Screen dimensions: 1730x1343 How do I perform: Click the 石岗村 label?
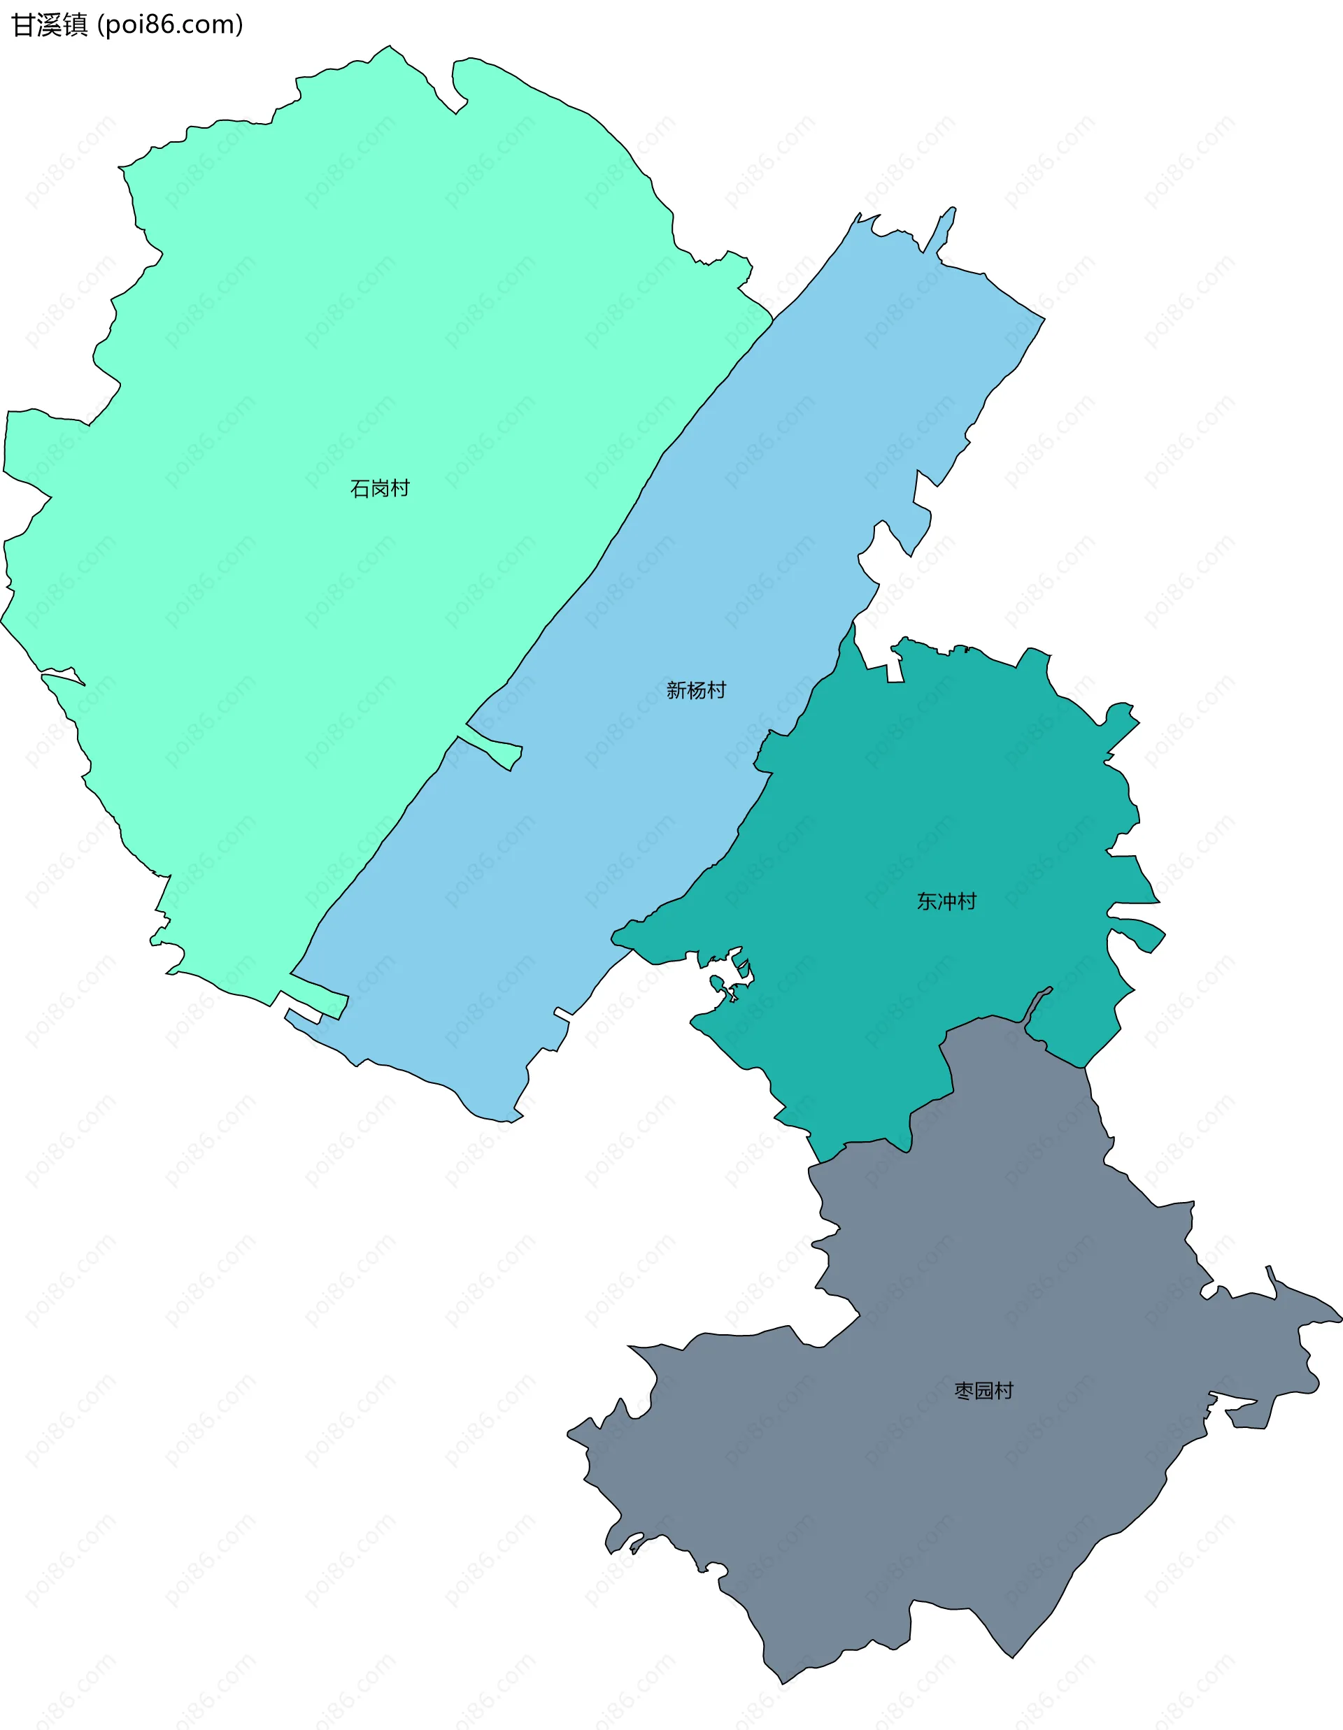coord(380,488)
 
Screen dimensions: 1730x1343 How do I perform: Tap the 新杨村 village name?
coord(696,690)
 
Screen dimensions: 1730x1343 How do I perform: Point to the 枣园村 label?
coord(983,1391)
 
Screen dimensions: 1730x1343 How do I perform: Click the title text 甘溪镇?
coord(49,24)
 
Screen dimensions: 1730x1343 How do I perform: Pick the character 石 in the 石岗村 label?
coord(360,488)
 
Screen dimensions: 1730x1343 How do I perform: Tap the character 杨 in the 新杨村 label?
coord(696,690)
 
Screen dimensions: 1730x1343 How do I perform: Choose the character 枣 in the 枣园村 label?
coord(963,1391)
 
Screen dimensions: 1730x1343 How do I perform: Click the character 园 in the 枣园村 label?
coord(983,1391)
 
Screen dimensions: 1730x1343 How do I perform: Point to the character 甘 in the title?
coord(22,24)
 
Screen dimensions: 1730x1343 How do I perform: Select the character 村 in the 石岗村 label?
coord(400,488)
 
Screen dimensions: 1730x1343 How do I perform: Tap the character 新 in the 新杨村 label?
coord(676,690)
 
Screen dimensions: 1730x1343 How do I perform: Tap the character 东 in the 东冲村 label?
coord(926,901)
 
